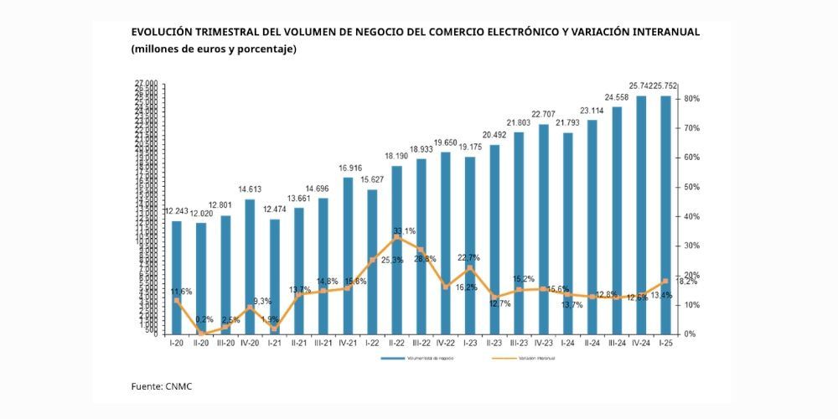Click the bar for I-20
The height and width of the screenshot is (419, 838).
coord(177,277)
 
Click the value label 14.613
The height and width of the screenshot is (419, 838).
coord(250,190)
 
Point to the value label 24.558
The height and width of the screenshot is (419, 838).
coord(617,98)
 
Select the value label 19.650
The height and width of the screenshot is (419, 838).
coord(445,143)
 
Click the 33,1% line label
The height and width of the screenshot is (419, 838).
coord(404,230)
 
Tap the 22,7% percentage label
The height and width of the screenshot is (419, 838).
coord(468,258)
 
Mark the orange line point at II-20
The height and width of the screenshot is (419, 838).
coord(201,333)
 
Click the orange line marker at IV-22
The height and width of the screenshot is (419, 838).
coord(445,287)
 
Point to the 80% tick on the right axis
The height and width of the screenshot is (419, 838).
coord(691,99)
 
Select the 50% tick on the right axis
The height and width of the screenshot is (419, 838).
coord(691,187)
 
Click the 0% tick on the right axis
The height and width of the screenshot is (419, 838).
coord(690,334)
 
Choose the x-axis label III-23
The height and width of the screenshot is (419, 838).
coord(519,343)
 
